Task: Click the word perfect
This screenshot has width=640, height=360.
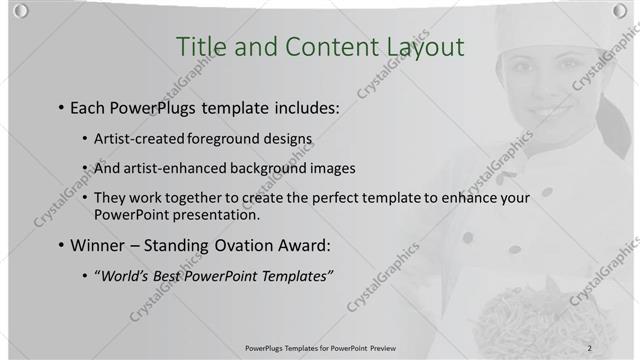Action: pos(348,198)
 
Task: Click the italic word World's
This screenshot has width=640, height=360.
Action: pos(124,275)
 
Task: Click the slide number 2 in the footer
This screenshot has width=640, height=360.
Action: pos(590,347)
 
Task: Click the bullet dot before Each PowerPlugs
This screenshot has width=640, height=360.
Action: pos(62,106)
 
